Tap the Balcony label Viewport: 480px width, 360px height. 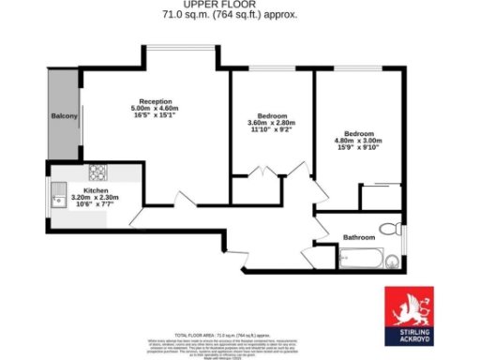[x=63, y=117]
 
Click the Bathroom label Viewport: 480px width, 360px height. [x=358, y=237]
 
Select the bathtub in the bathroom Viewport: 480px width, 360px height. [x=362, y=258]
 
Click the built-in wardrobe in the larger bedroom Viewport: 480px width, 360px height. [x=381, y=197]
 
